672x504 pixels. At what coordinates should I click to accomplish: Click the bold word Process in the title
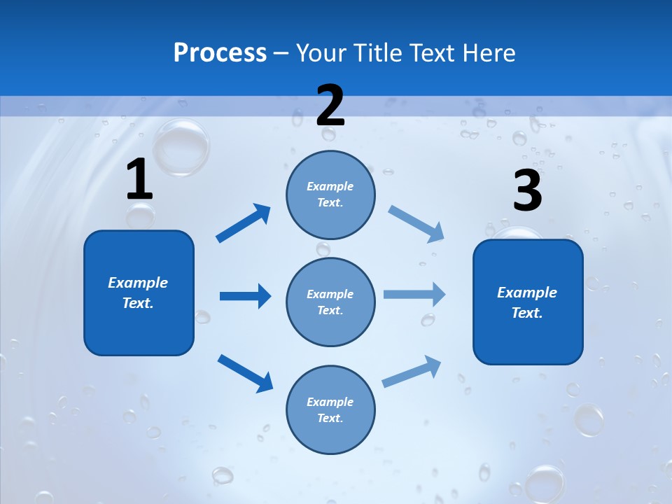220,53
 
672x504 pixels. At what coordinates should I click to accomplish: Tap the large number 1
139,180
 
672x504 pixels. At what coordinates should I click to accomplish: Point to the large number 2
330,106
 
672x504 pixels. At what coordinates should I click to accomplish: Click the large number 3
527,191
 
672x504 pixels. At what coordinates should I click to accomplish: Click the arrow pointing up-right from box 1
244,223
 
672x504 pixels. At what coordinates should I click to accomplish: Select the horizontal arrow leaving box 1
245,296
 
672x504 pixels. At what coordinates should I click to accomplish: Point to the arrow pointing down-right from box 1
245,373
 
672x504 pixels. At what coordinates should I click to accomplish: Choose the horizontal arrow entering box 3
414,295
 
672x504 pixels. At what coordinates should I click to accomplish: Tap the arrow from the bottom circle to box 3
412,372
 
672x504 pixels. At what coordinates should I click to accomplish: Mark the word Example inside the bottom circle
330,402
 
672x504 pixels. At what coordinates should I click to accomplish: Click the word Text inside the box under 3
527,313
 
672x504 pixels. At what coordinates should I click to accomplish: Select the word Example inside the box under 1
138,283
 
